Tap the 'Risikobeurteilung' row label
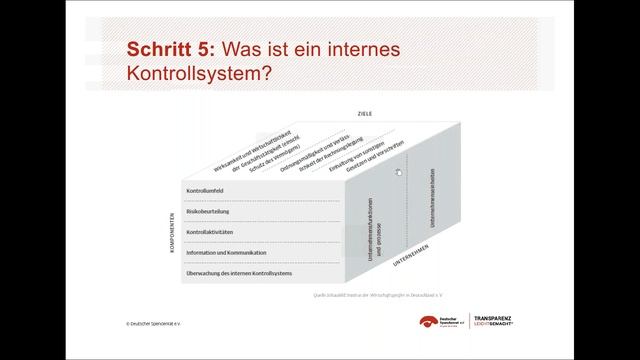pyautogui.click(x=210, y=211)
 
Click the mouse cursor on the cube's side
pyautogui.click(x=398, y=172)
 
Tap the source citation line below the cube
pyautogui.click(x=371, y=296)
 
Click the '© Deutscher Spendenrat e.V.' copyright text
pyautogui.click(x=160, y=324)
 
